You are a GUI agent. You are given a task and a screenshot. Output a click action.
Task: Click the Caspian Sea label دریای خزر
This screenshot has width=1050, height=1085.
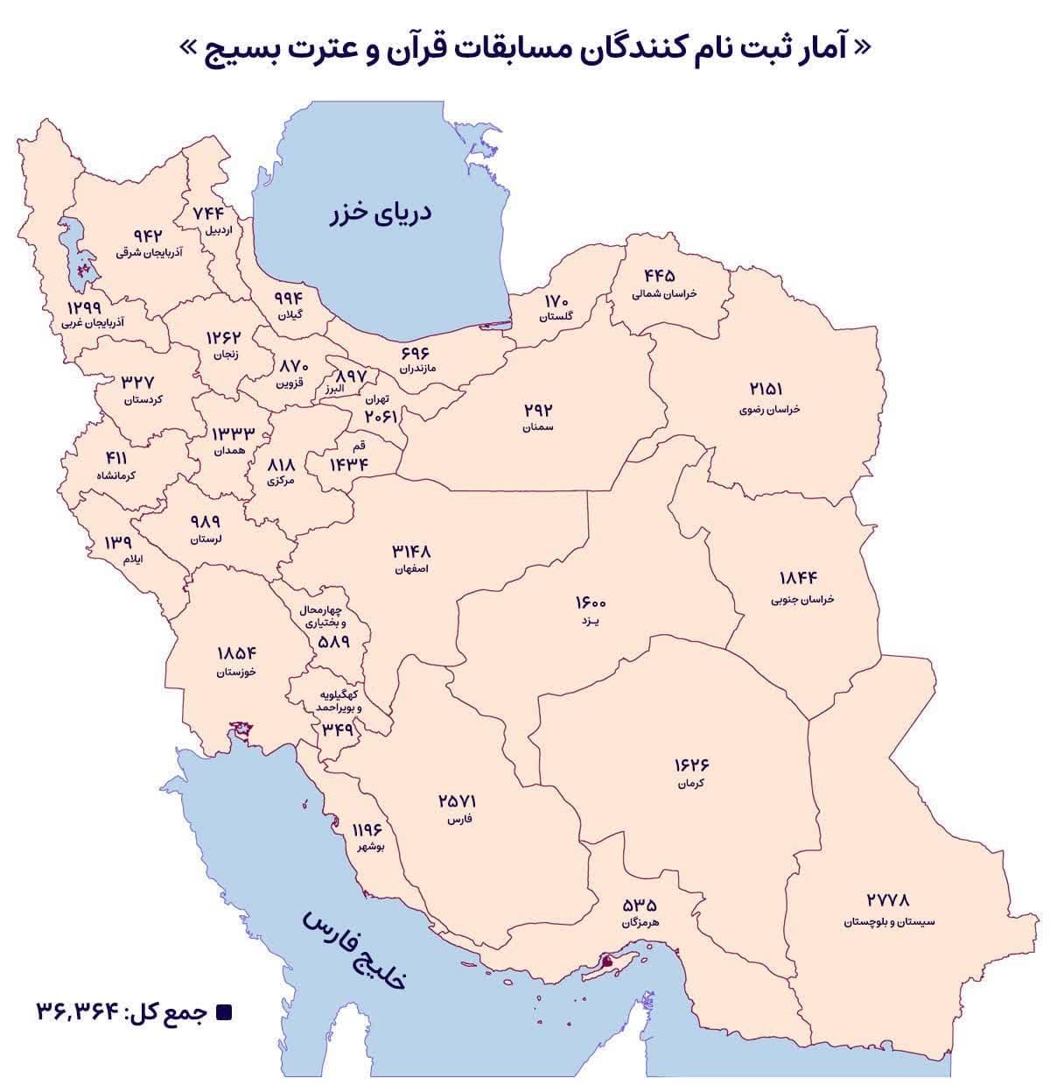tap(381, 215)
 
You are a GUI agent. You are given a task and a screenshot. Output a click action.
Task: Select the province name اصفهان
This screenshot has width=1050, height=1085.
tap(411, 569)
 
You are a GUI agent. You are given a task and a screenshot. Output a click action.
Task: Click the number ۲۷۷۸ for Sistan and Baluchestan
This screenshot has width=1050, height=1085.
tap(888, 899)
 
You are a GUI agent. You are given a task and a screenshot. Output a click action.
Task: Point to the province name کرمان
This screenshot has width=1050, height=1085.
tap(690, 784)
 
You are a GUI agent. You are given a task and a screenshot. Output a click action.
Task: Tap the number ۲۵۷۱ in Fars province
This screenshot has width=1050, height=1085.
tap(458, 801)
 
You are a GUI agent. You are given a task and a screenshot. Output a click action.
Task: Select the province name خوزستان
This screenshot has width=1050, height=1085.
tap(237, 673)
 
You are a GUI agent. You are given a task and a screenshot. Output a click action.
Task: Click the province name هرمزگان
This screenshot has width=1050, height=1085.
tap(639, 923)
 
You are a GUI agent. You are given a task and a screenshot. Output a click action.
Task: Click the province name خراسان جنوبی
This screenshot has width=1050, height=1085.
tap(802, 600)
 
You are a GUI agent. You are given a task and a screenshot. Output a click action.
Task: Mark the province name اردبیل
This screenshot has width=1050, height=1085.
tap(217, 231)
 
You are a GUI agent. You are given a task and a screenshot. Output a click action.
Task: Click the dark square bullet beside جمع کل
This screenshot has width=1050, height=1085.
tap(223, 1012)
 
